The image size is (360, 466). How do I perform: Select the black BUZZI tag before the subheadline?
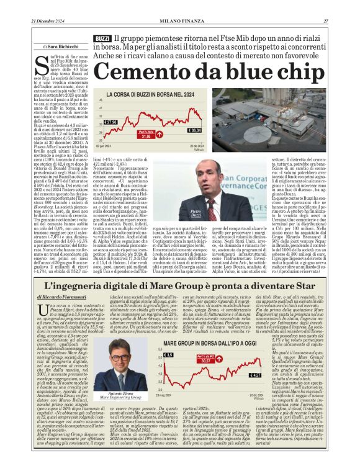point(103,38)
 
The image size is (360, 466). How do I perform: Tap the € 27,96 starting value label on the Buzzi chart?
point(110,122)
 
